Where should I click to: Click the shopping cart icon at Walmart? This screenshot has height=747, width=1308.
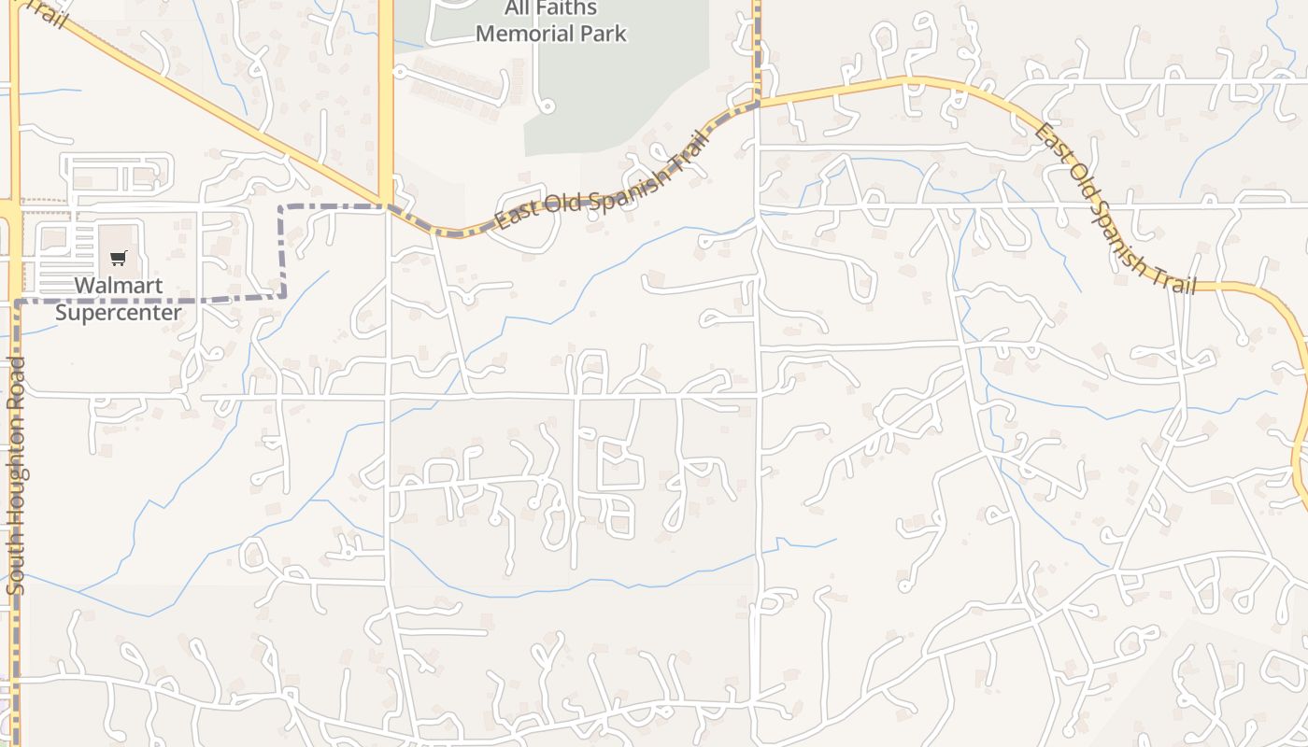click(x=119, y=258)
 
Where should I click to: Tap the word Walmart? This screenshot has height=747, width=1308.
click(x=119, y=286)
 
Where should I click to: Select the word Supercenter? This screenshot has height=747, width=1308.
click(x=119, y=312)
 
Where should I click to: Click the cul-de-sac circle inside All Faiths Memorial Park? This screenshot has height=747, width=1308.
click(x=547, y=107)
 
